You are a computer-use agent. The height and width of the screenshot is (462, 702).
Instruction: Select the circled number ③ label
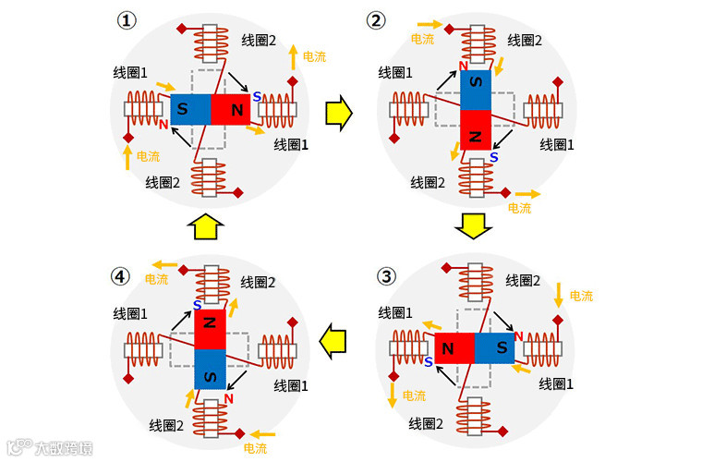[x=387, y=275]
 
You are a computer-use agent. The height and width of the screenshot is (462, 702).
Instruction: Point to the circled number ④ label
[x=120, y=275]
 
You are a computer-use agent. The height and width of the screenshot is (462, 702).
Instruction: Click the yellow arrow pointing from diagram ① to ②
[x=339, y=112]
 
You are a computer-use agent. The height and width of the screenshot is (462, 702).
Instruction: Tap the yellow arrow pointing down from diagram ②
[x=474, y=225]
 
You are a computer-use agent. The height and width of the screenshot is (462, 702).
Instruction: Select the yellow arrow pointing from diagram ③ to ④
[x=337, y=341]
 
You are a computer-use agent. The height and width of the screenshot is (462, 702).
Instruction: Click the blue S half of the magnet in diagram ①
[x=191, y=110]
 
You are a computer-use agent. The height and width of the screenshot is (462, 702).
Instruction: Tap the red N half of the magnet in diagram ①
[x=233, y=110]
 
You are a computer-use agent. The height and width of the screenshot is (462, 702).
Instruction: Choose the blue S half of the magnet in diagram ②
[x=476, y=90]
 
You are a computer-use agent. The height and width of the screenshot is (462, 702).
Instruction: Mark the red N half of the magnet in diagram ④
[x=210, y=329]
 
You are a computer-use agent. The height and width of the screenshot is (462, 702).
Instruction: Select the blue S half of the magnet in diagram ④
[x=210, y=370]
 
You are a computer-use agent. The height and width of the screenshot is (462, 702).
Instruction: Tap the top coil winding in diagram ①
[x=211, y=43]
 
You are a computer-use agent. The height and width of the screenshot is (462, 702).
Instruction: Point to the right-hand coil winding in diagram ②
[x=542, y=110]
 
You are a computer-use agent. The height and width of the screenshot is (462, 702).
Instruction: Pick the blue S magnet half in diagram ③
[x=495, y=349]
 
